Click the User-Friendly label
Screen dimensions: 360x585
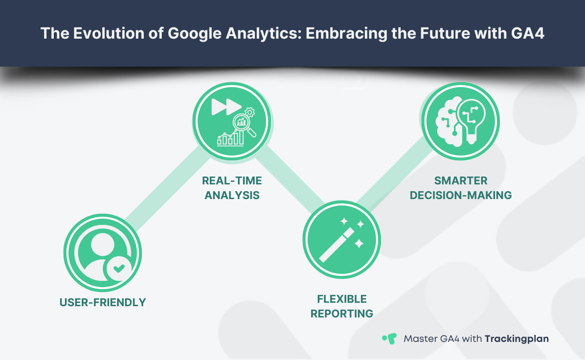(x=103, y=302)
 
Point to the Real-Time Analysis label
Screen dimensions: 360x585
(x=232, y=188)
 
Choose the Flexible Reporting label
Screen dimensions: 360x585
(x=341, y=306)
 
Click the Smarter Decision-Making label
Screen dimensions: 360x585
(x=460, y=188)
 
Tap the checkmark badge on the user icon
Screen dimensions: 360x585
(x=119, y=268)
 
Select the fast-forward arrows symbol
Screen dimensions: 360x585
(x=225, y=107)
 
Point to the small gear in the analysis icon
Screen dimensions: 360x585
(x=250, y=112)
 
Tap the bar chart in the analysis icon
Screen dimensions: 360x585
(x=230, y=138)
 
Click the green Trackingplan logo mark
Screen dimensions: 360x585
(x=389, y=338)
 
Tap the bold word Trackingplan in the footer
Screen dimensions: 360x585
(x=517, y=338)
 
